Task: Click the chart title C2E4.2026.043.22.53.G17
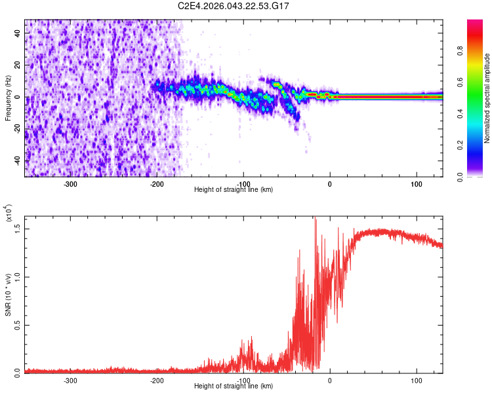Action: point(234,6)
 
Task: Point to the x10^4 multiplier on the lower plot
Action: point(9,214)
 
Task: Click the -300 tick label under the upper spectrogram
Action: point(71,183)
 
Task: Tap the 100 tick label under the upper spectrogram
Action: point(416,183)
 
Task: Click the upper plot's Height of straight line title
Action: point(234,190)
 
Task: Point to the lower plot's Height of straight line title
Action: point(234,386)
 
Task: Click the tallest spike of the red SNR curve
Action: point(316,219)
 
